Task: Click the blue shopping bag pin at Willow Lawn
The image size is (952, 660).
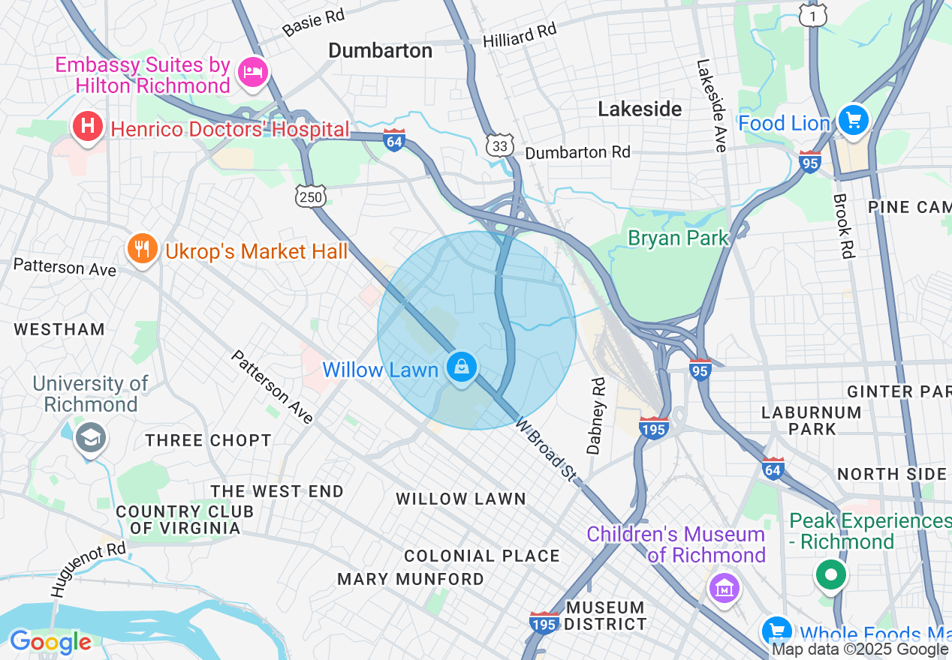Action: point(461,367)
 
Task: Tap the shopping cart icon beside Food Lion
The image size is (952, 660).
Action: point(853,120)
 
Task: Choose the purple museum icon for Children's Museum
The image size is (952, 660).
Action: point(724,587)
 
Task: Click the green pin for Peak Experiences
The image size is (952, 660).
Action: point(830,575)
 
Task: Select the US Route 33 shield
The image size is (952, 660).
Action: point(500,145)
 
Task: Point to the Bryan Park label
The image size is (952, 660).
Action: point(678,238)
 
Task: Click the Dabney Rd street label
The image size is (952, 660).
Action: point(596,416)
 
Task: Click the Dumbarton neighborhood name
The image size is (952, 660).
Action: point(381,50)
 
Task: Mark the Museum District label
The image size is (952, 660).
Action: point(605,616)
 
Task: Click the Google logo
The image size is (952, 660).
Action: point(50,642)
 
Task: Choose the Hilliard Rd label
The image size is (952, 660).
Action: point(520,35)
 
